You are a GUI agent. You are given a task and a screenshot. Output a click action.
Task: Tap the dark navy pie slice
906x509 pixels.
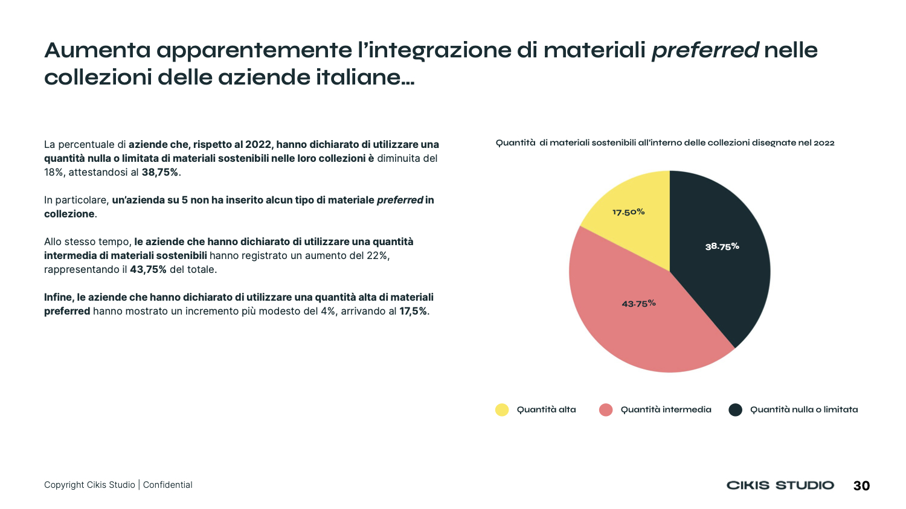click(x=725, y=266)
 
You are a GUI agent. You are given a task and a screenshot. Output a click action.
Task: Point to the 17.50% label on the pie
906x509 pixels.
click(x=628, y=212)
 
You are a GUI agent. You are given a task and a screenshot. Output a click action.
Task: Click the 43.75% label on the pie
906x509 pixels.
click(x=638, y=303)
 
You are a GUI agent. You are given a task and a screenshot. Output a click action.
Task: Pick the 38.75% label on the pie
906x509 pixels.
click(x=722, y=246)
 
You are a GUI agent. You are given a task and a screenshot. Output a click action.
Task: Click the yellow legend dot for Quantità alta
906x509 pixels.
click(x=502, y=410)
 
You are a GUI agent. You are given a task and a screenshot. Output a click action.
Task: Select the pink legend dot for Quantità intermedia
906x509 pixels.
click(x=606, y=410)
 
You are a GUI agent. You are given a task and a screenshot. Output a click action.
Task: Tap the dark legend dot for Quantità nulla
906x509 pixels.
click(x=735, y=410)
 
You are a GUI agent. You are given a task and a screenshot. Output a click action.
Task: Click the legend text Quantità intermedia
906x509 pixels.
click(x=666, y=409)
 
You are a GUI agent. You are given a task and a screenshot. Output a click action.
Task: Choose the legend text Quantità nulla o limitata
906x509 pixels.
click(x=803, y=409)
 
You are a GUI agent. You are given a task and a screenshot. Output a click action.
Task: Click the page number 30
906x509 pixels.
click(x=861, y=485)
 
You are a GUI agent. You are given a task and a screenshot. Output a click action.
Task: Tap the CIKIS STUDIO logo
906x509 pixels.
click(x=780, y=485)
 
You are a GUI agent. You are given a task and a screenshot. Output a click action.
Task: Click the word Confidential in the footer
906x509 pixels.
click(x=167, y=485)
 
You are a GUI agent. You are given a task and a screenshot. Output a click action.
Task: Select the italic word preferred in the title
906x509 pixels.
click(x=704, y=50)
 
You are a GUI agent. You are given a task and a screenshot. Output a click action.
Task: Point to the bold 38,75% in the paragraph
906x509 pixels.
click(x=160, y=172)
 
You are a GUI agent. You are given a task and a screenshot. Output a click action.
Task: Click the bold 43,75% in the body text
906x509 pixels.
click(x=148, y=269)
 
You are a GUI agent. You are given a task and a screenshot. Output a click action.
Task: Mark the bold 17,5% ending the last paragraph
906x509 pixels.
click(x=413, y=311)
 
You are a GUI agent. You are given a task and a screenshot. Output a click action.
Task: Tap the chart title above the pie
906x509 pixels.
click(x=664, y=142)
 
